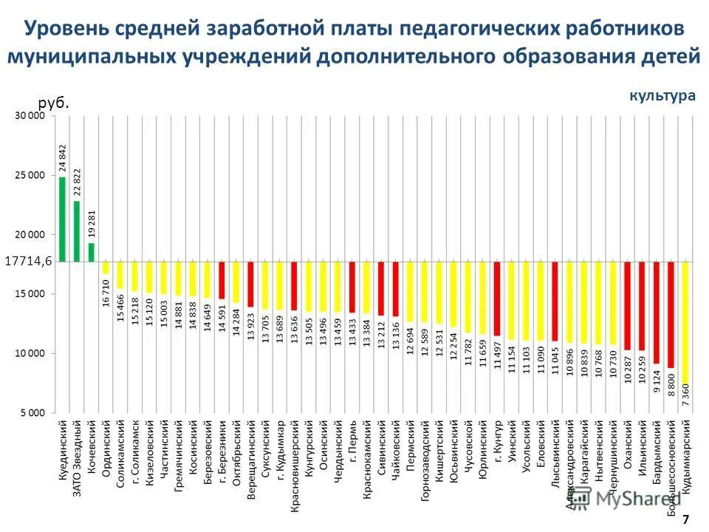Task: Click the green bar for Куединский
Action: point(62,219)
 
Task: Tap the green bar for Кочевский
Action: point(92,252)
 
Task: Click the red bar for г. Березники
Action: point(222,279)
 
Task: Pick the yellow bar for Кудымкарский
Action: point(685,321)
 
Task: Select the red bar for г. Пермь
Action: point(352,287)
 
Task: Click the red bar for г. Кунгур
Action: point(497,298)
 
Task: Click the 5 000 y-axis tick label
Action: point(32,412)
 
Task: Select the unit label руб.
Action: point(53,103)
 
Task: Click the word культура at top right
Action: point(662,95)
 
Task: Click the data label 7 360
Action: point(685,395)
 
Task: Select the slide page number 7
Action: point(685,519)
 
